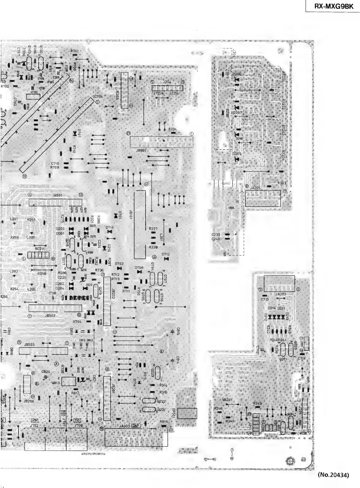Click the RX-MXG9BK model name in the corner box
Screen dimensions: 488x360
(332, 6)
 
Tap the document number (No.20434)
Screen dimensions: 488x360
(333, 475)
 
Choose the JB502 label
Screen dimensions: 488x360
(50, 315)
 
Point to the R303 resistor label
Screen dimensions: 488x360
(282, 183)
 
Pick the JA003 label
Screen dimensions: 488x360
(125, 426)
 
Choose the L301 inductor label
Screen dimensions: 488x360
(161, 236)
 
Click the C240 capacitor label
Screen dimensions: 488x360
(216, 238)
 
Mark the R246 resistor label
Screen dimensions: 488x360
(218, 409)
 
